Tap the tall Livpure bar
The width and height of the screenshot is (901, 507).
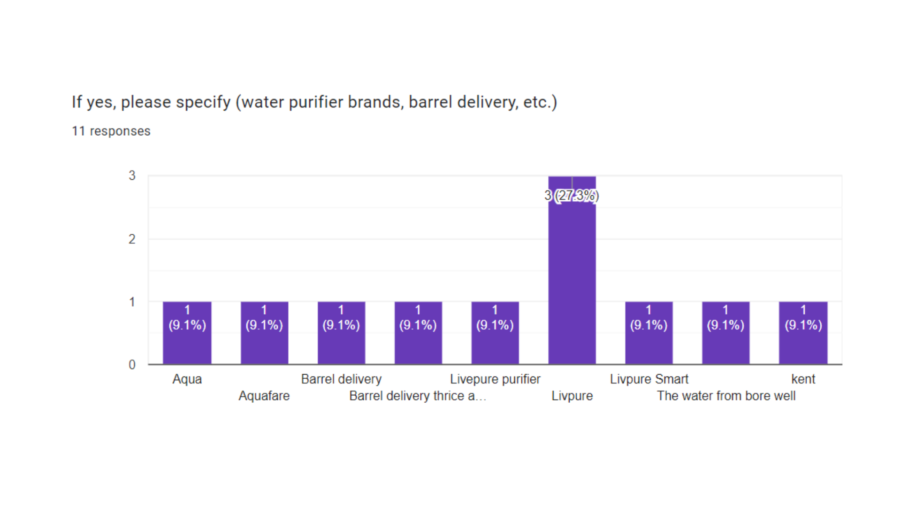point(572,282)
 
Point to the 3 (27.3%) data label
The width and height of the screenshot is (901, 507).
point(572,195)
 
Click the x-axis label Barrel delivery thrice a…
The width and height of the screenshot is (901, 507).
point(418,396)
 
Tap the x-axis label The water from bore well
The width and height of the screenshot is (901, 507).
point(726,396)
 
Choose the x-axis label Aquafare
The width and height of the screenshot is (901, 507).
point(264,396)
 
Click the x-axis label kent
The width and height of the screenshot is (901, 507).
point(803,379)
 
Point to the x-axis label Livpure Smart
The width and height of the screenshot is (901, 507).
point(649,379)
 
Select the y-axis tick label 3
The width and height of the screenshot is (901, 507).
point(132,176)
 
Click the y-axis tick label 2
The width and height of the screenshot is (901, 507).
point(132,239)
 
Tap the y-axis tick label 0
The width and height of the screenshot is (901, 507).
point(132,365)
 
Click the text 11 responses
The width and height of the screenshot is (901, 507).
point(111,131)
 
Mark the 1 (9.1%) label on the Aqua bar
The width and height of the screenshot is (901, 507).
point(187,318)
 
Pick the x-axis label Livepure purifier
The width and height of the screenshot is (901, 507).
point(495,379)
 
